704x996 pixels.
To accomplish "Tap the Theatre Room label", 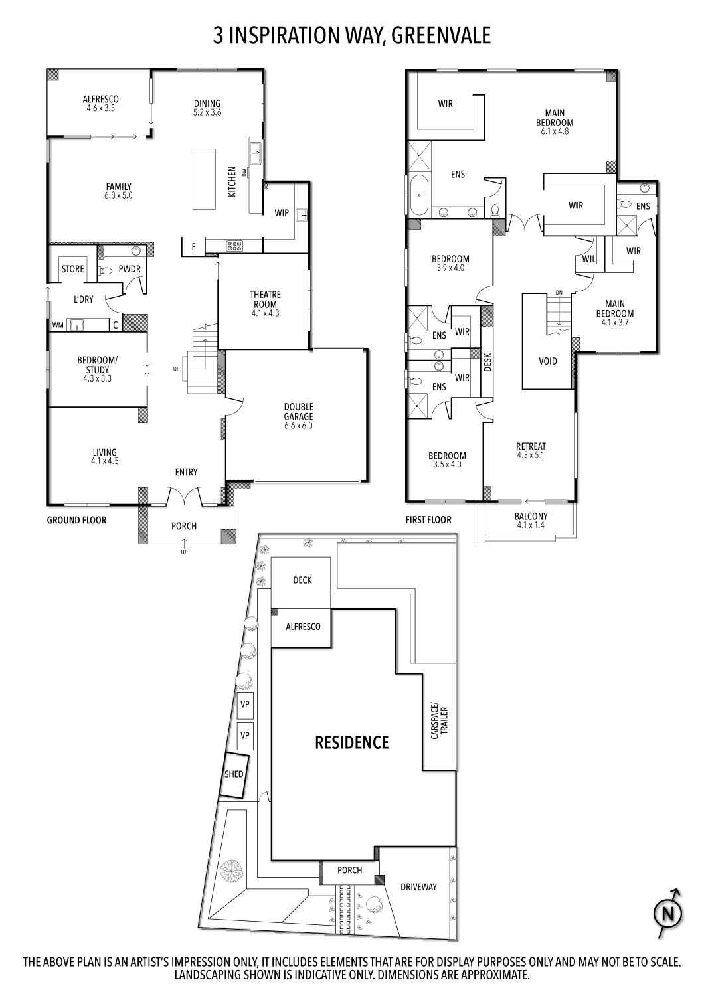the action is (x=265, y=303).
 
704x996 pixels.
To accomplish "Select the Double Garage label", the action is (x=298, y=416).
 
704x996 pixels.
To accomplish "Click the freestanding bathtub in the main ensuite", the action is (x=418, y=195).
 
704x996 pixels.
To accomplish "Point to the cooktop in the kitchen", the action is (x=234, y=246).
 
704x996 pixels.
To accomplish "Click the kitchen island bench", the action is (x=204, y=179).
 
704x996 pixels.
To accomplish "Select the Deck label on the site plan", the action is (x=302, y=580).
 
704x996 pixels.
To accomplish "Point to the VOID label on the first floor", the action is (x=547, y=361).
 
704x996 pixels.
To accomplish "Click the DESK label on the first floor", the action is (x=488, y=363).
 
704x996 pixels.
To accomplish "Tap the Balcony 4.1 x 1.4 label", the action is (x=531, y=520).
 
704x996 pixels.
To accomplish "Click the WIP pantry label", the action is (x=282, y=213).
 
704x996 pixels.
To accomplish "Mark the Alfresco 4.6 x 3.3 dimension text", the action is (x=101, y=108).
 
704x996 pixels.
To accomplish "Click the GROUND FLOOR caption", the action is (x=76, y=520).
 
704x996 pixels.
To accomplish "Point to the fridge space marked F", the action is (x=193, y=246).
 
